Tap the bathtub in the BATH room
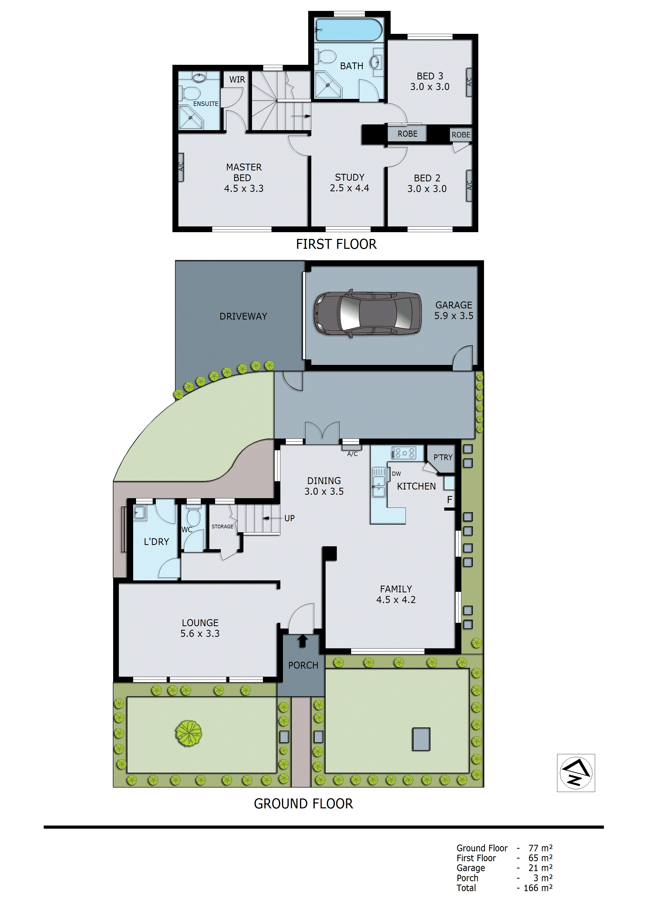tap(349, 30)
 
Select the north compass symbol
tap(576, 773)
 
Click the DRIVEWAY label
tap(243, 316)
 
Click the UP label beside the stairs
tap(289, 518)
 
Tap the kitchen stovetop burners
tap(404, 453)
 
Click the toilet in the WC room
tap(193, 517)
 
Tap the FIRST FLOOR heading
tap(336, 244)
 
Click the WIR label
tap(237, 80)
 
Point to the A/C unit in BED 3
tap(469, 82)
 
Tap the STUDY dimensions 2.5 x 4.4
tap(349, 188)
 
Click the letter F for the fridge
tap(449, 500)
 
